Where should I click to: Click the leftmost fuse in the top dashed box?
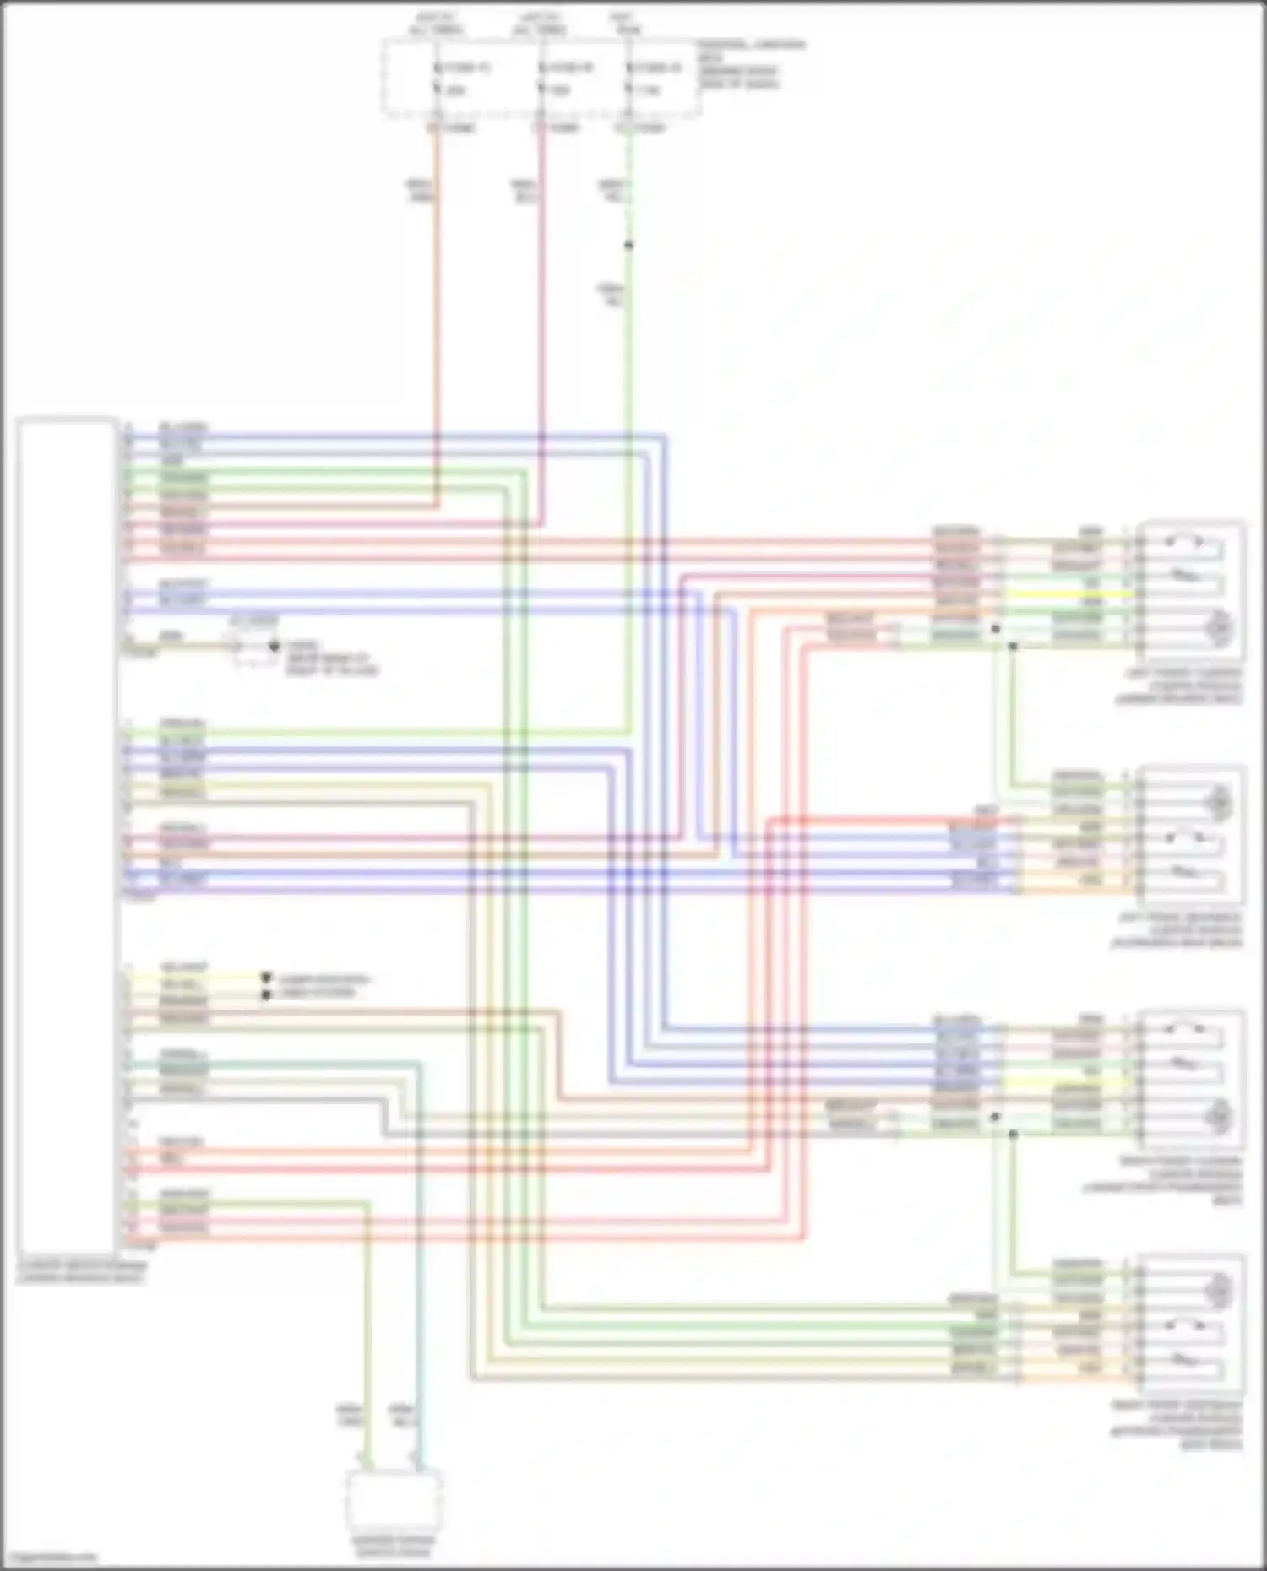pos(437,78)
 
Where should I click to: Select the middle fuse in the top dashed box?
pos(541,78)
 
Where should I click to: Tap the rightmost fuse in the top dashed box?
pos(628,78)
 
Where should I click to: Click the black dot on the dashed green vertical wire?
pos(628,246)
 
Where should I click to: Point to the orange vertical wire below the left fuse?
pos(437,295)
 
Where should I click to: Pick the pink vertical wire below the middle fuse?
pos(541,295)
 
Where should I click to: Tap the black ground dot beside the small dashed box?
pos(274,647)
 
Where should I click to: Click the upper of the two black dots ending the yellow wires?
pos(266,978)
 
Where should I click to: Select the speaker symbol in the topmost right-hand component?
pos(1219,629)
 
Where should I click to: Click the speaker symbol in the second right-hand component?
pos(1219,800)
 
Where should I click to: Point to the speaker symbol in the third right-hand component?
pos(1219,1117)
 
